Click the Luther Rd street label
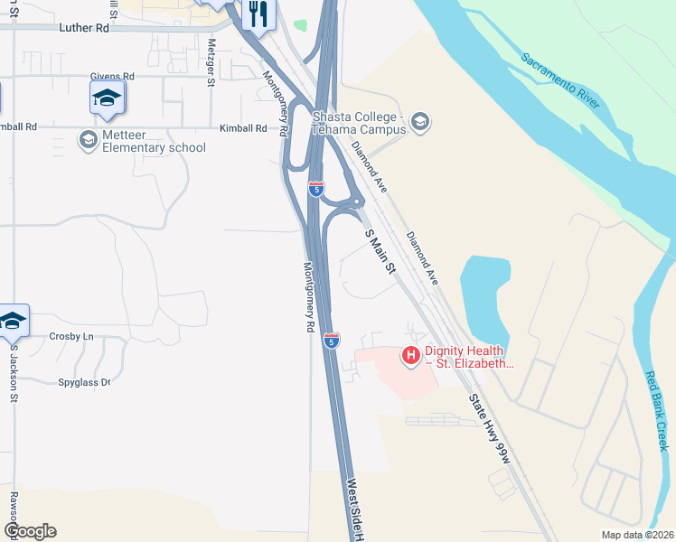click(83, 28)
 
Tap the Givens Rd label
click(112, 78)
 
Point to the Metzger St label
click(211, 62)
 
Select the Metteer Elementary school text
click(154, 142)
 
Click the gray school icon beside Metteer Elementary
click(88, 139)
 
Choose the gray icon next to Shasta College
click(419, 121)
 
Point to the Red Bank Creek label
click(656, 411)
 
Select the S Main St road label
click(380, 252)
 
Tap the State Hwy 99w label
click(490, 429)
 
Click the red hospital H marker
click(410, 357)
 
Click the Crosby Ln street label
click(71, 336)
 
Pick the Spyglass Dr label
click(83, 382)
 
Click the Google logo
click(30, 531)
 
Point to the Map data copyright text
click(636, 535)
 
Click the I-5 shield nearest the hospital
click(332, 341)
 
